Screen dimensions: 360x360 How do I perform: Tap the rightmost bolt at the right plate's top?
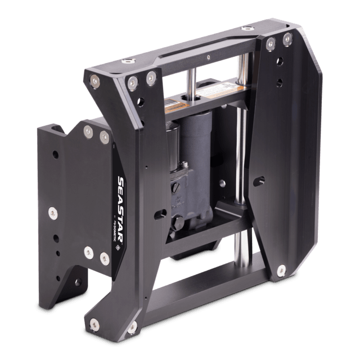[x=287, y=38]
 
